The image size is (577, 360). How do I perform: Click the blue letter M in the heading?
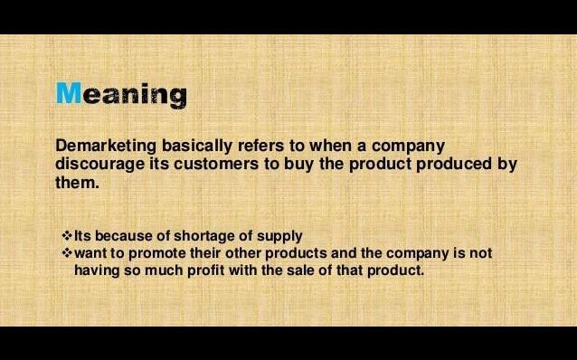[x=69, y=93]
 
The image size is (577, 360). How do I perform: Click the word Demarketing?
[x=106, y=147]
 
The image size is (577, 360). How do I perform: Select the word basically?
[x=197, y=147]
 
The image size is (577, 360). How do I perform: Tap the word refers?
[x=260, y=146]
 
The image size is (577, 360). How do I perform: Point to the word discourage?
[x=100, y=165]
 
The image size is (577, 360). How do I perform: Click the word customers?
[x=216, y=165]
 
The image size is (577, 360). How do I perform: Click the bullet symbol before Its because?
[x=67, y=235]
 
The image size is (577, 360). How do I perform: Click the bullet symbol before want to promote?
[x=67, y=253]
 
